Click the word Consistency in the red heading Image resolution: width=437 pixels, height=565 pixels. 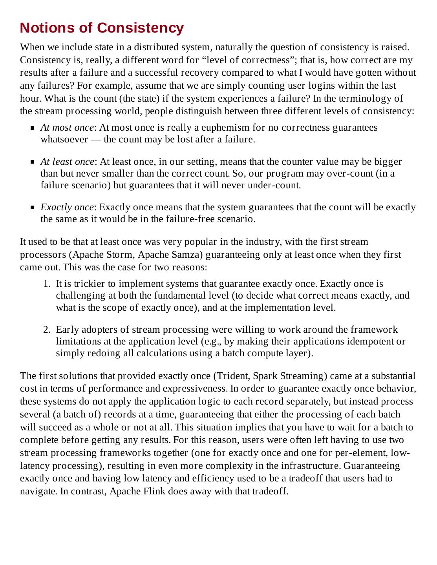click(x=140, y=28)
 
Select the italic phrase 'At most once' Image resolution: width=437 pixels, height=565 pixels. click(x=67, y=128)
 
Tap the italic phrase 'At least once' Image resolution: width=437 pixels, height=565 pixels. click(x=67, y=162)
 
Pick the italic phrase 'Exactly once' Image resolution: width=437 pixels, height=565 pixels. click(x=67, y=207)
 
